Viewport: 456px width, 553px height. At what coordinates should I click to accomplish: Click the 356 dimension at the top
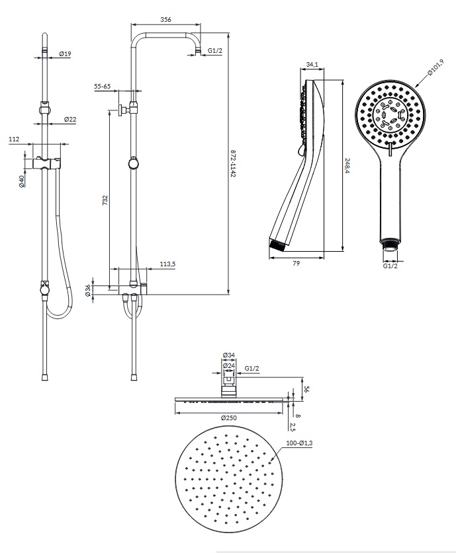[165, 20]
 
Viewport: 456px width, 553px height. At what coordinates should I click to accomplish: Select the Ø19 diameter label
[65, 54]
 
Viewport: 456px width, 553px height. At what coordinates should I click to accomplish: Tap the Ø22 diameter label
[70, 120]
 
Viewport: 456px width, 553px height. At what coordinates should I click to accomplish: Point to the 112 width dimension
[14, 139]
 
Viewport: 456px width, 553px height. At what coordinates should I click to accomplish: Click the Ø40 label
[21, 181]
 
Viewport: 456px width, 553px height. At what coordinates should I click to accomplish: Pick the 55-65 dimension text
[103, 87]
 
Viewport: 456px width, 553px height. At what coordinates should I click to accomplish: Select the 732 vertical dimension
[105, 200]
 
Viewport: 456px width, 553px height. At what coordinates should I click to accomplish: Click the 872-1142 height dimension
[233, 164]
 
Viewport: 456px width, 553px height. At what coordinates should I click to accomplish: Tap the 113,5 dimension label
[167, 264]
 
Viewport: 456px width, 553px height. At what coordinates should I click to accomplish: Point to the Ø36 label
[88, 291]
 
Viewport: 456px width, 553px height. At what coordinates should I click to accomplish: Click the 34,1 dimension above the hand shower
[312, 65]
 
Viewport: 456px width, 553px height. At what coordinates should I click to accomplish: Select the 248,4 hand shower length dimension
[347, 166]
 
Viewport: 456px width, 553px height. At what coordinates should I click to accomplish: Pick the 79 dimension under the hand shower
[296, 263]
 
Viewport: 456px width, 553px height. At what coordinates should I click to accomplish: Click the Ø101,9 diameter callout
[435, 67]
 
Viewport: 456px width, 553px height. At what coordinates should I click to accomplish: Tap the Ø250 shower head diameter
[228, 418]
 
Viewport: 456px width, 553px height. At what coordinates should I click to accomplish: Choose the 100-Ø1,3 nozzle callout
[299, 443]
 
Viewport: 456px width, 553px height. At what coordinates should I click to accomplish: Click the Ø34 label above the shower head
[229, 355]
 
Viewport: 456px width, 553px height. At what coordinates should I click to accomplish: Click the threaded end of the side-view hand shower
[278, 245]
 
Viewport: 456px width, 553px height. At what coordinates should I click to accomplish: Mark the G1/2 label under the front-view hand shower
[390, 266]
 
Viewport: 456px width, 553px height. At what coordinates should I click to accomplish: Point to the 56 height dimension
[306, 389]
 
